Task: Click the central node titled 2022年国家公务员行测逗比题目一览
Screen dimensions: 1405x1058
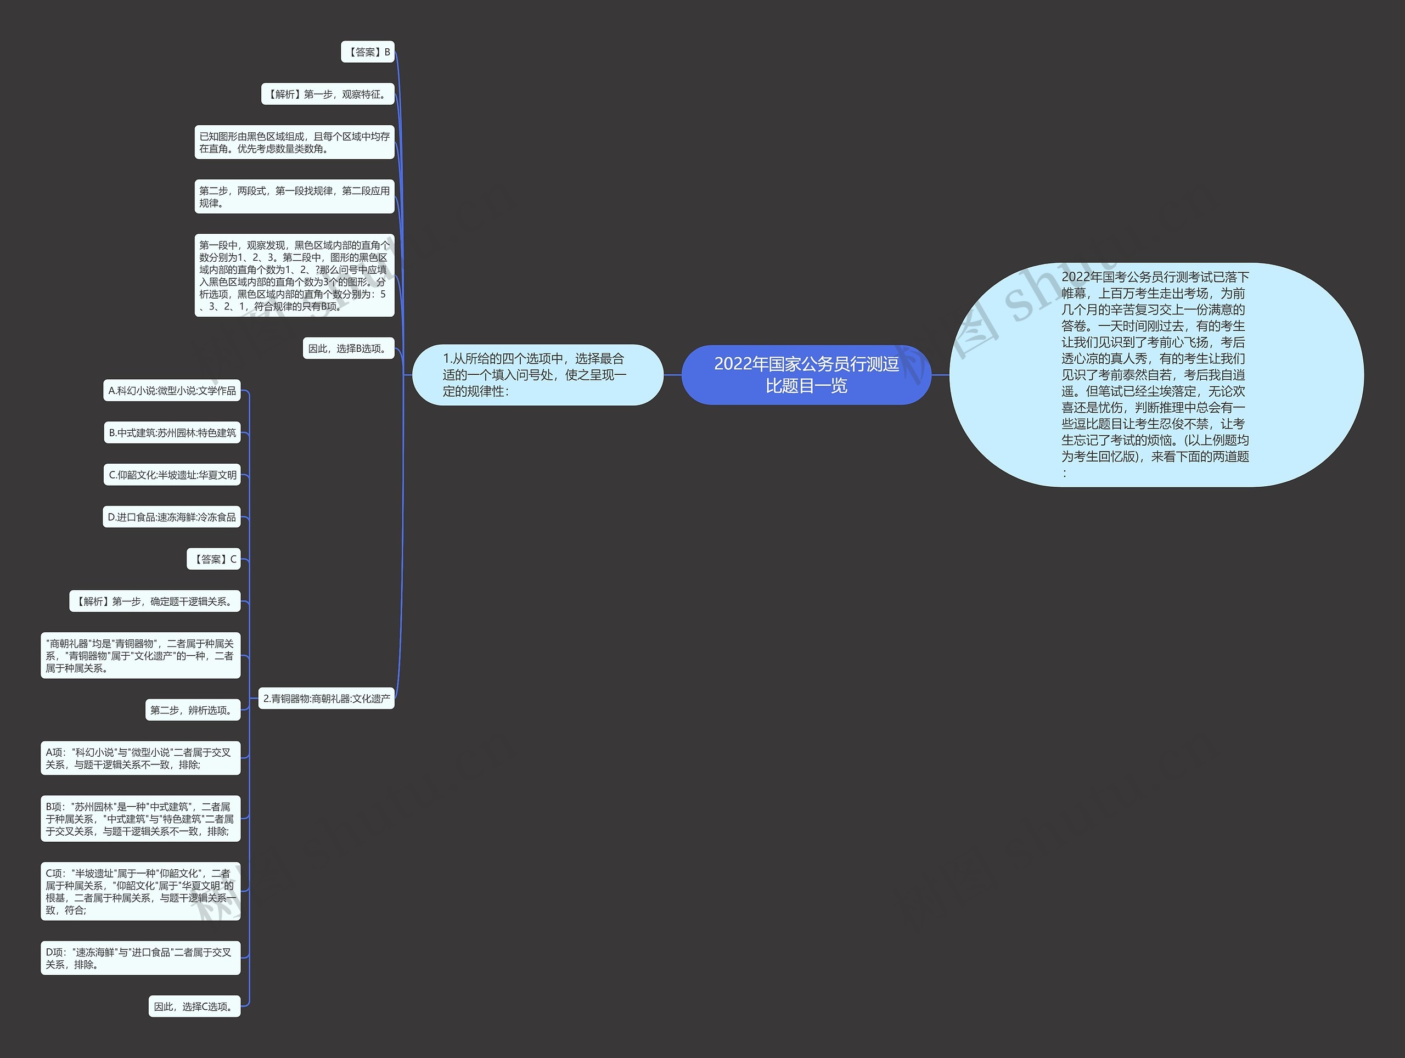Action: [x=806, y=375]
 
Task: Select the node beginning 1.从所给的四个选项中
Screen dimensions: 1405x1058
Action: [x=537, y=375]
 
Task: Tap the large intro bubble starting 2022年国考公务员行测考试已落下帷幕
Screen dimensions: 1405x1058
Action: [x=1156, y=375]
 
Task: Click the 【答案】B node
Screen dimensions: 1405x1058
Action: [x=368, y=52]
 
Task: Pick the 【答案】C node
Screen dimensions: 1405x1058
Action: [x=214, y=559]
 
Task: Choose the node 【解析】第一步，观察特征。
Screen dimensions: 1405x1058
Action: [x=328, y=94]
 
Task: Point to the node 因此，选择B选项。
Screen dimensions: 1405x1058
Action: [x=349, y=348]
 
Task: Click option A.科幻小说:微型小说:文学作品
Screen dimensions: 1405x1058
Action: [x=172, y=391]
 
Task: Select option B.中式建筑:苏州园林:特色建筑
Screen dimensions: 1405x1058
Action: [x=172, y=432]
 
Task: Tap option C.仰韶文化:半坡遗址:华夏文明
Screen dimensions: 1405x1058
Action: [x=172, y=474]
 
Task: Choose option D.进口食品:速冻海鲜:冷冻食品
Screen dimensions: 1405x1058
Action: [x=171, y=517]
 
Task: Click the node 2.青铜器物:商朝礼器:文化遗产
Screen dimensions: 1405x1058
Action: [x=327, y=698]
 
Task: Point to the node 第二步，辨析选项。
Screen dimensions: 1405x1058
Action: [x=193, y=710]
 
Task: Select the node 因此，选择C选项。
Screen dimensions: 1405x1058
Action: [x=194, y=1006]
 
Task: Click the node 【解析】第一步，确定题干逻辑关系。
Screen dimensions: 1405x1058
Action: [x=155, y=601]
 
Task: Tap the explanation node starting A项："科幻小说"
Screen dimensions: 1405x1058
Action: [x=140, y=758]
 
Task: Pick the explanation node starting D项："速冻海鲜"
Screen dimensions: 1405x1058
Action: [x=140, y=958]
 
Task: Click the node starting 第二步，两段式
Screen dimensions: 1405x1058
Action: [x=294, y=196]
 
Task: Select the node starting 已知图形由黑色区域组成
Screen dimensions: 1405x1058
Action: [x=294, y=142]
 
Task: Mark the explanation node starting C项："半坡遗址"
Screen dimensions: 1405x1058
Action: [x=140, y=891]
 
